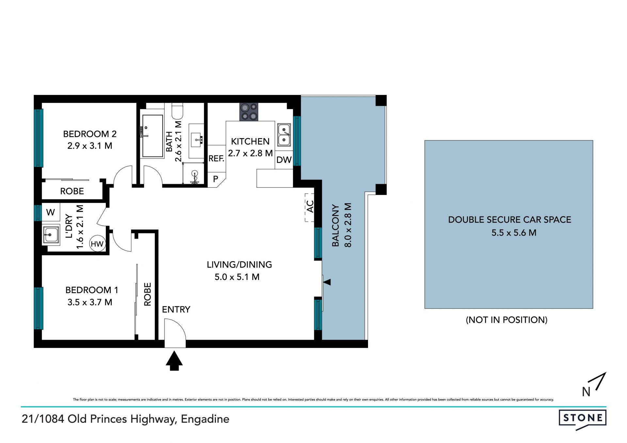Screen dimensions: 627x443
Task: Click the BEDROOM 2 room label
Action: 90,134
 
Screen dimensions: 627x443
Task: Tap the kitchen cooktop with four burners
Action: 249,112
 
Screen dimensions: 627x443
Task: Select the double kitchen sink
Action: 284,135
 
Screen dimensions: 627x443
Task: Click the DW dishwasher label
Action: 284,160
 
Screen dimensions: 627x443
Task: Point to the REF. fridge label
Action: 216,159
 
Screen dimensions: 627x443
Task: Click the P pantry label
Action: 216,179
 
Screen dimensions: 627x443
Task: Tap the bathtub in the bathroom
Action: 153,136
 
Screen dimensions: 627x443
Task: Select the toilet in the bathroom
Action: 177,111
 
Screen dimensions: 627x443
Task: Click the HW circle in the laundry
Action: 97,244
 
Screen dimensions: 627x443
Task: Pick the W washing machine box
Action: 51,212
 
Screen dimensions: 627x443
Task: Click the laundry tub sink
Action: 51,235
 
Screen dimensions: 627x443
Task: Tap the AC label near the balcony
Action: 310,206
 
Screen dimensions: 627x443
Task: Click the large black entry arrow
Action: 174,361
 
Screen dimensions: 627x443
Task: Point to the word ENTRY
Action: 176,309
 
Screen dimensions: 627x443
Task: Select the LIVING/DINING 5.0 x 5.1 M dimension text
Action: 237,277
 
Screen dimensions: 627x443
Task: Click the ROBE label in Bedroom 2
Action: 72,191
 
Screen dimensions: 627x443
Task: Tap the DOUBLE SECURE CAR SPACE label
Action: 509,220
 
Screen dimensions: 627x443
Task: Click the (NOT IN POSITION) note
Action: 506,320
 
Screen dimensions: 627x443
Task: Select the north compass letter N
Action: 586,392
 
